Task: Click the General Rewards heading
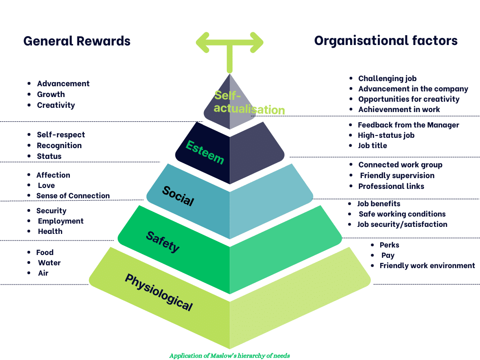[77, 41]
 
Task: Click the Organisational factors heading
[386, 41]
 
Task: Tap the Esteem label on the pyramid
[205, 152]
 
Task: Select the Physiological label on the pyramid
[158, 292]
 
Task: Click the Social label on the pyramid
[178, 196]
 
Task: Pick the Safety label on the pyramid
[163, 242]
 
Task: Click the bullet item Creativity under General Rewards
[56, 105]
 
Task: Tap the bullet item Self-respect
[61, 135]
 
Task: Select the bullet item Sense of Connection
[73, 195]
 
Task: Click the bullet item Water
[49, 262]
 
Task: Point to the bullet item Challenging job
[387, 78]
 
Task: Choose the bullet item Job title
[372, 145]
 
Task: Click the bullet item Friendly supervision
[397, 175]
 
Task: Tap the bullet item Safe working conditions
[402, 214]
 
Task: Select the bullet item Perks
[389, 245]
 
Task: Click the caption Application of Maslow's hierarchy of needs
[230, 355]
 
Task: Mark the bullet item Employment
[60, 221]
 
